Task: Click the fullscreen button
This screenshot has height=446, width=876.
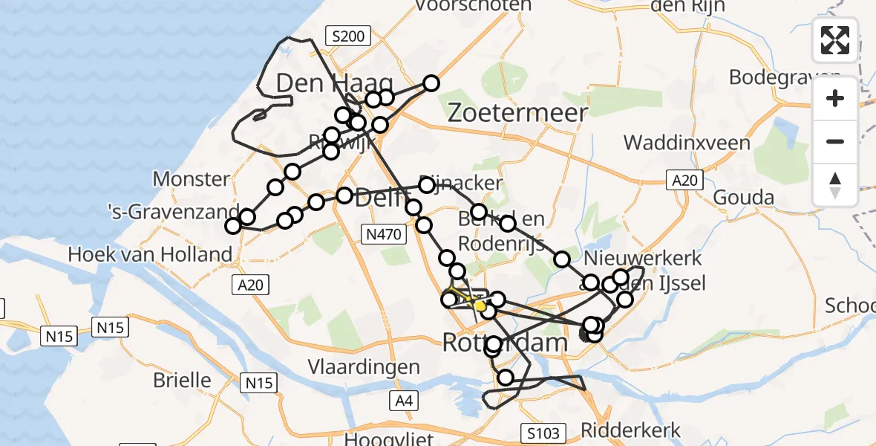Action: tap(835, 40)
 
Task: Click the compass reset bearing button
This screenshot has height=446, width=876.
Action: tap(835, 185)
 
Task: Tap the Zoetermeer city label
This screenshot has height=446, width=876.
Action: tap(518, 113)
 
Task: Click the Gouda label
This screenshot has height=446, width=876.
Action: tap(743, 198)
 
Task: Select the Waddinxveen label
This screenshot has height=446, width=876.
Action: tap(687, 143)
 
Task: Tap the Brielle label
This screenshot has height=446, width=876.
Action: tap(182, 380)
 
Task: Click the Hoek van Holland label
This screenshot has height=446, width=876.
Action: tap(150, 254)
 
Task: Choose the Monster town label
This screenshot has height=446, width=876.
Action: tap(191, 179)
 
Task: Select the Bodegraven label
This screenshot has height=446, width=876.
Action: tap(785, 77)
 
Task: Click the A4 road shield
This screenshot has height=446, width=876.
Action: tap(402, 401)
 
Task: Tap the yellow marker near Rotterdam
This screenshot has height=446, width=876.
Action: tap(480, 306)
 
